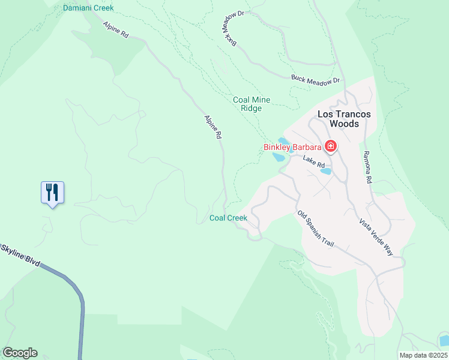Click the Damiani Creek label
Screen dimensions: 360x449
pos(88,8)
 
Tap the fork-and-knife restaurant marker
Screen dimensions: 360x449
pos(52,193)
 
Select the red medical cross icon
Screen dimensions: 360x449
pos(330,146)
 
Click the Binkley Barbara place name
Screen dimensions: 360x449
pos(292,146)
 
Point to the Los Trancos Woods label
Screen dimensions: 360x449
pos(344,119)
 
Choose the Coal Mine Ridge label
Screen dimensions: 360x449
pos(252,104)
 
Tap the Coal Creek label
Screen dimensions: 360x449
pos(228,218)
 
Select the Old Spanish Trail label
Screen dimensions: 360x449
pos(315,229)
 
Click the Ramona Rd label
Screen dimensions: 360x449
pos(368,167)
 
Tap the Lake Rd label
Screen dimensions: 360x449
pos(313,161)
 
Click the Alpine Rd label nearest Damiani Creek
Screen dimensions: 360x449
pos(116,31)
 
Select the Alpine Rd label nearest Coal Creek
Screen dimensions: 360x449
pos(213,127)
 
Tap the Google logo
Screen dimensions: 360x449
pos(20,353)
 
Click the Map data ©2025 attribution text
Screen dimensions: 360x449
pos(423,355)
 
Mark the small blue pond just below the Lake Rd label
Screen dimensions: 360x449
pos(326,171)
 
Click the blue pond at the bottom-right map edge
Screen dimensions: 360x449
pos(444,340)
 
